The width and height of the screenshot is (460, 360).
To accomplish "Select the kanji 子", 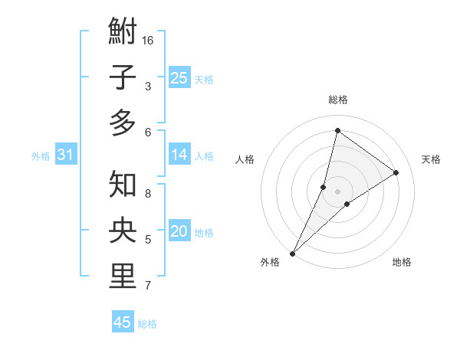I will (x=123, y=78).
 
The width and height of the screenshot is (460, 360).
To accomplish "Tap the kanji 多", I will (x=123, y=123).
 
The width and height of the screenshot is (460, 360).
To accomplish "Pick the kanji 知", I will (x=123, y=185).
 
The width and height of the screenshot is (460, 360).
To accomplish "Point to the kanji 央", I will (x=123, y=231).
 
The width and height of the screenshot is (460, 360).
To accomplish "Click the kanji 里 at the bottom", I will (x=123, y=277).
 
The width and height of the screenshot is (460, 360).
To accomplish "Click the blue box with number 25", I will (x=179, y=77).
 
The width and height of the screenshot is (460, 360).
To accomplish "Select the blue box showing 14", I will (x=179, y=155).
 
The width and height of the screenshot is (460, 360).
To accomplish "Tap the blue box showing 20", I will (x=179, y=231).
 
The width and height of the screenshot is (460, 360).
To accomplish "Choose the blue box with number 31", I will (x=65, y=155).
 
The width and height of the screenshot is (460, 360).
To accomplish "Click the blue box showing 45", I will (x=123, y=322).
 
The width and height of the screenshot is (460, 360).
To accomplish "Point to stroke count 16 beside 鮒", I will (x=149, y=40).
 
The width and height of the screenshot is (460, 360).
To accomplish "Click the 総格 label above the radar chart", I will (x=337, y=100).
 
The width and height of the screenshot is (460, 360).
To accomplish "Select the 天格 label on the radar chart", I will (x=431, y=159).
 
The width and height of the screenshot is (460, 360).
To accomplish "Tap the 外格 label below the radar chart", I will (x=270, y=263).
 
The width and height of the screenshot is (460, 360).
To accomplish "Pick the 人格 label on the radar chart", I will (x=245, y=159).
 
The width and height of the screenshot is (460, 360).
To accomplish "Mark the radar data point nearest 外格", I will (x=292, y=253).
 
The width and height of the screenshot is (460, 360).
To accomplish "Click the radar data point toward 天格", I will (x=396, y=172).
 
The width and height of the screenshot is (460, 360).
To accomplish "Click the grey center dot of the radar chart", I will (x=337, y=191).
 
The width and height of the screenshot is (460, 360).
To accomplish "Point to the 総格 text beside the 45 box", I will (x=147, y=324).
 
